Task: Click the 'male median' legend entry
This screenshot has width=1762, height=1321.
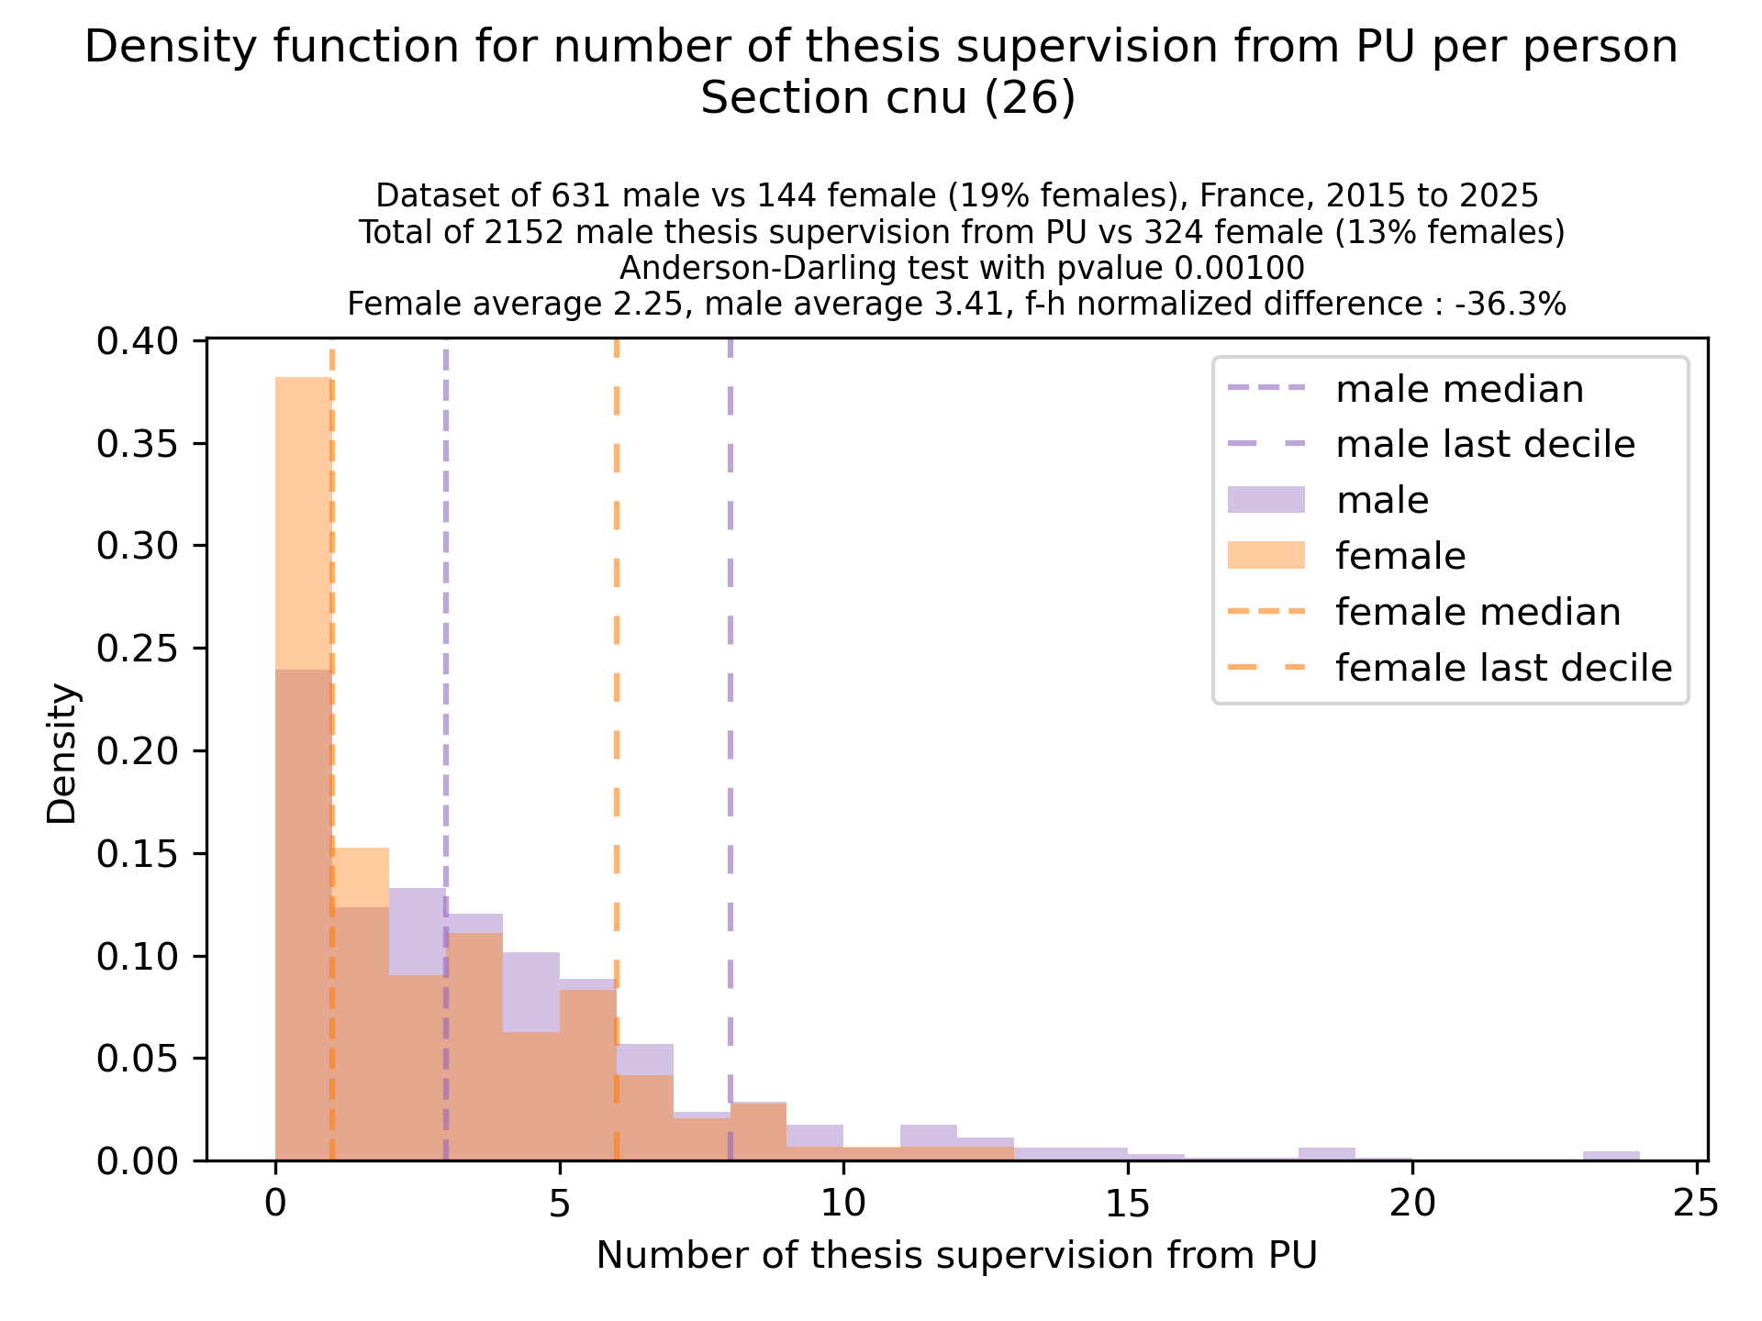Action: (1459, 389)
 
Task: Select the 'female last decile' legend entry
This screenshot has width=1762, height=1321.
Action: (1503, 668)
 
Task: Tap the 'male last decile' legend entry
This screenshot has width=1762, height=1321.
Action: (1485, 445)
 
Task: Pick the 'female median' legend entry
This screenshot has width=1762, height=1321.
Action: (1478, 612)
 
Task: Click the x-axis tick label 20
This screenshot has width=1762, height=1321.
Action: (1411, 1203)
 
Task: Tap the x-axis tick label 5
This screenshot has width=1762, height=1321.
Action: (560, 1203)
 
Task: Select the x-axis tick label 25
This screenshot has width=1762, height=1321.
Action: (1696, 1203)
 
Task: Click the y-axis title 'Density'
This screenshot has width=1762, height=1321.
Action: (63, 752)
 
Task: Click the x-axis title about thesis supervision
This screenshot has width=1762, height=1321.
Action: (956, 1256)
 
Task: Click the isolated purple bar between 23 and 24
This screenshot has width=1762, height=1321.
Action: (1611, 1156)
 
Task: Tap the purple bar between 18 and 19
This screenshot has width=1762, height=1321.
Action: (1327, 1154)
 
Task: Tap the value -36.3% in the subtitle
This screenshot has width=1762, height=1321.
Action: (1511, 304)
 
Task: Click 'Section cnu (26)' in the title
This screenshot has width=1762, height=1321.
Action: (887, 98)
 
